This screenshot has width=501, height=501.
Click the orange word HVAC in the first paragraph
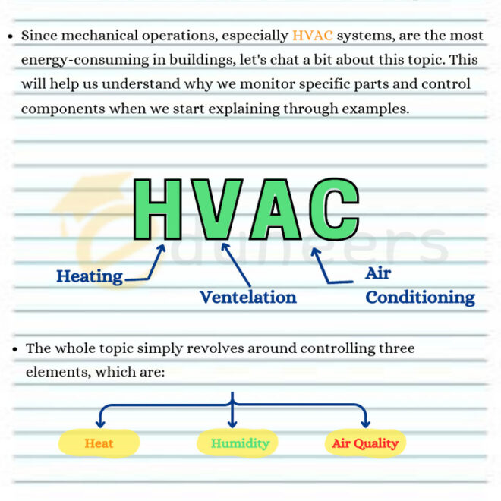coord(312,36)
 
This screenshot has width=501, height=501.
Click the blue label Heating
coord(90,276)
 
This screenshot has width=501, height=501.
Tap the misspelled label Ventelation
coord(247,297)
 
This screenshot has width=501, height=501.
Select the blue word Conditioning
coord(420,297)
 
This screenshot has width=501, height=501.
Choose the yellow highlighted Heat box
coord(99,443)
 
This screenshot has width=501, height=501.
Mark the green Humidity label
coord(240,443)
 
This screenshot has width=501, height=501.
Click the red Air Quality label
coord(365,443)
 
